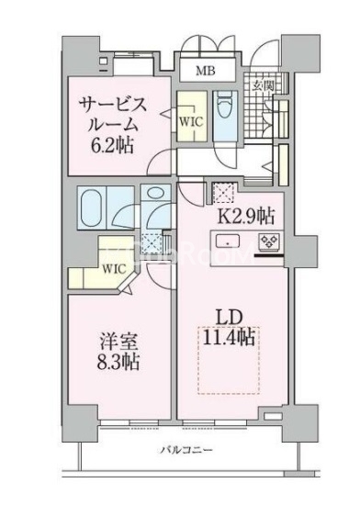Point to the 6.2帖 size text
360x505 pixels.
pos(115,144)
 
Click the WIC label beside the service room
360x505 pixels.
pos(192,121)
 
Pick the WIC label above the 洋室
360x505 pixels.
pos(113,269)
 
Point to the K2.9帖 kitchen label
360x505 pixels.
pos(243,217)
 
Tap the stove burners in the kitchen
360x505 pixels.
pos(270,242)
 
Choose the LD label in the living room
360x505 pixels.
pos(229,317)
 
